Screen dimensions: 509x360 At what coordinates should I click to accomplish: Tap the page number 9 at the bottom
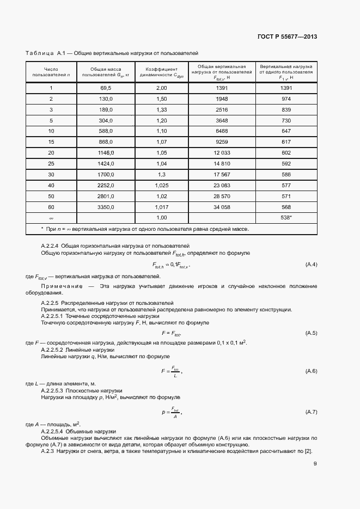[315, 464]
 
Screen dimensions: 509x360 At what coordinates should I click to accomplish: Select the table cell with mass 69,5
[106, 88]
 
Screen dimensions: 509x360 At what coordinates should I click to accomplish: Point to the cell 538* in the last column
[286, 217]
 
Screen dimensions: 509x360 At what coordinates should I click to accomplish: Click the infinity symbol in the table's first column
[51, 218]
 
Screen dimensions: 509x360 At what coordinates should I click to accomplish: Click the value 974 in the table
[286, 99]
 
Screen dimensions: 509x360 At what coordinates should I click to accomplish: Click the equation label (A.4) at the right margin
[311, 265]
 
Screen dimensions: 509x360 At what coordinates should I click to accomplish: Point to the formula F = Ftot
[171, 333]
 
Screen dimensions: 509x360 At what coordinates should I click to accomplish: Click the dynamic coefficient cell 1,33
[161, 109]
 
